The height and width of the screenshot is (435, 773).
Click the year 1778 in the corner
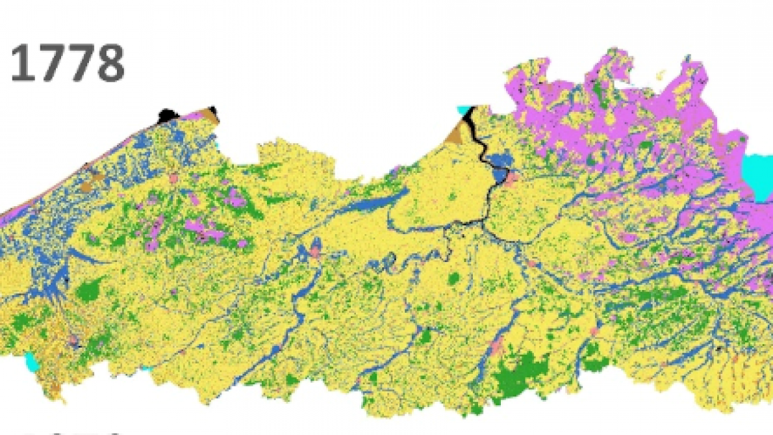click(67, 64)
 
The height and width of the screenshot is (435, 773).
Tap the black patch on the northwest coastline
click(168, 116)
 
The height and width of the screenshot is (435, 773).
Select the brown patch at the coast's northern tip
click(209, 115)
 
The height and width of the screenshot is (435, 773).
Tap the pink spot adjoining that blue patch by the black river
click(513, 177)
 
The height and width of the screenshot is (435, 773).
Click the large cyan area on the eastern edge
click(757, 176)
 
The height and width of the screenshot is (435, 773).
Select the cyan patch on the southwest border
click(31, 359)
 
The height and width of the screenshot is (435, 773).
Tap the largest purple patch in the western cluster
click(204, 228)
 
